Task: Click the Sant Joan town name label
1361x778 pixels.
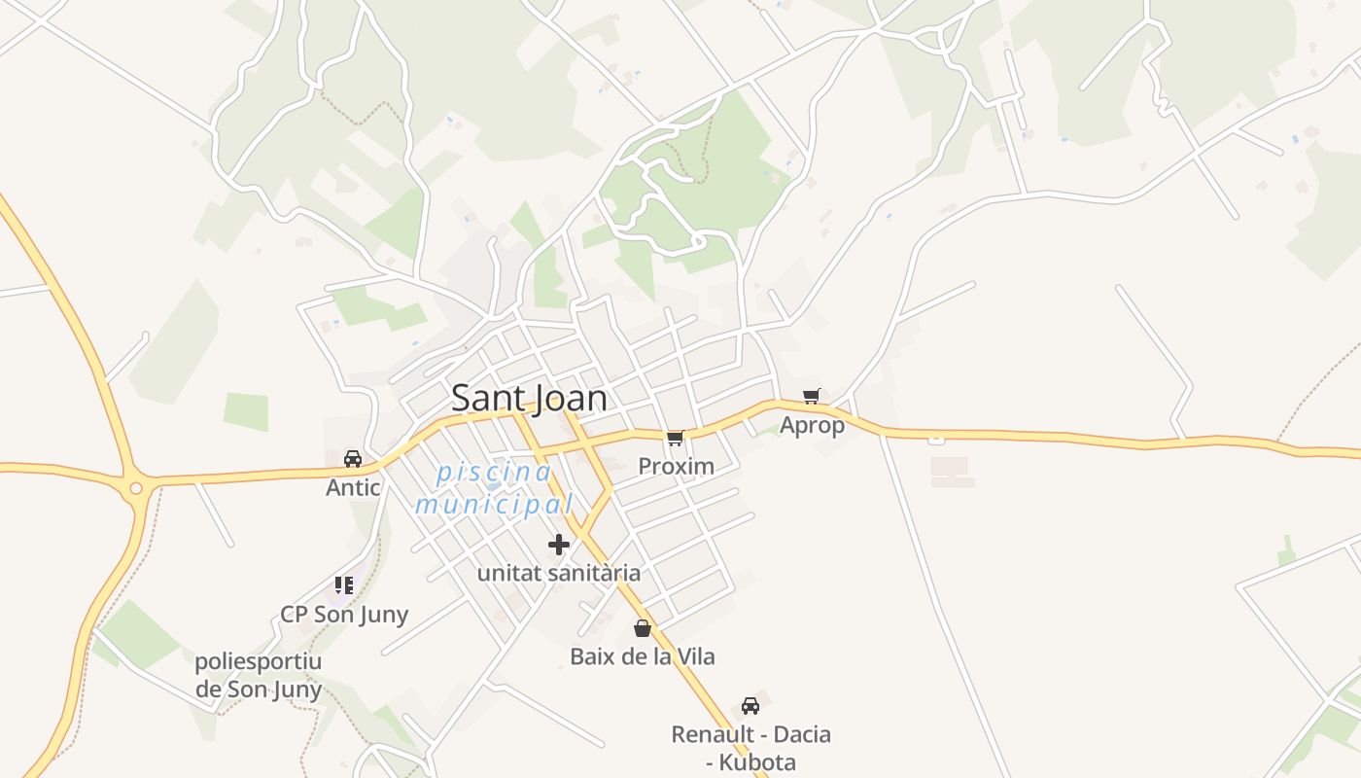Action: tap(529, 398)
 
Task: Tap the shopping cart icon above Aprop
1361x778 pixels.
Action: tap(812, 396)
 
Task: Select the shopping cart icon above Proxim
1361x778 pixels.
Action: tap(676, 438)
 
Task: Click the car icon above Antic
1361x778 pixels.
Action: tap(353, 458)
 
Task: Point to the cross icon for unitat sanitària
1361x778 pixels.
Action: tap(559, 545)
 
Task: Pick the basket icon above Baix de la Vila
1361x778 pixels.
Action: tap(642, 628)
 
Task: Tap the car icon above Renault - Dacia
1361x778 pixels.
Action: tap(750, 705)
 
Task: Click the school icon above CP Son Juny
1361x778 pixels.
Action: tap(343, 585)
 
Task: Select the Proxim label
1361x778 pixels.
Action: tap(676, 467)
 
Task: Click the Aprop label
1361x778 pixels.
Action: tap(812, 426)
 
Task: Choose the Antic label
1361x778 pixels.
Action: tap(353, 487)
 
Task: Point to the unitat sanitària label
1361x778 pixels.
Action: tap(559, 573)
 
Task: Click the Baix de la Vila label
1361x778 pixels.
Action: tap(642, 656)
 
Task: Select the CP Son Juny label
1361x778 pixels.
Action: tap(344, 615)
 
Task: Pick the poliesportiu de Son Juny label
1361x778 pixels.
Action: tap(259, 676)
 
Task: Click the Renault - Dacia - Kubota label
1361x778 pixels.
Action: tap(750, 748)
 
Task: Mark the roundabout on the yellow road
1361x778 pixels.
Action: tap(136, 488)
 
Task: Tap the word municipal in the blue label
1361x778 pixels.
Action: tap(494, 505)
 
